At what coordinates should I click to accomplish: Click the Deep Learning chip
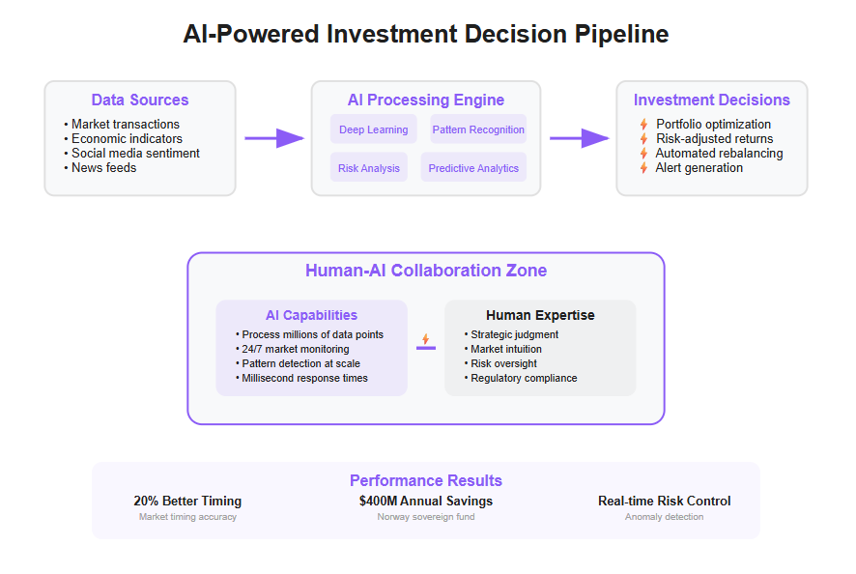click(373, 129)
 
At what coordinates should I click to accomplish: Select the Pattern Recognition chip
click(478, 129)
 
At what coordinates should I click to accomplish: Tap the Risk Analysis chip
click(368, 167)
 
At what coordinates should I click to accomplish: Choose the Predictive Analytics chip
click(473, 167)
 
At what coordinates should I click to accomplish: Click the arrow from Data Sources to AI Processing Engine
click(274, 138)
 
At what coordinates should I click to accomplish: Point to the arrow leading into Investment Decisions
click(580, 138)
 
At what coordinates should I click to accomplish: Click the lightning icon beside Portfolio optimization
click(644, 124)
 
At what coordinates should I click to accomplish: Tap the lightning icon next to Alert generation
click(644, 168)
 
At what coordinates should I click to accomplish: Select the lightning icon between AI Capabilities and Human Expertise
click(426, 339)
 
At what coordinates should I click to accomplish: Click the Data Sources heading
click(140, 100)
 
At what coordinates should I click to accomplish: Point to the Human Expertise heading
click(540, 315)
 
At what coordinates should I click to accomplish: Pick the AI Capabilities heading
click(311, 315)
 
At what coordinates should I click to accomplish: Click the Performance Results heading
click(426, 480)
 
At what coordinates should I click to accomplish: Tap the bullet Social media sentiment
click(131, 153)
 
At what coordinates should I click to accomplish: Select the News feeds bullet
click(100, 168)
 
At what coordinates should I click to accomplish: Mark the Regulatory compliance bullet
click(521, 378)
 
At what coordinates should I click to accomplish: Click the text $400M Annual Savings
click(426, 501)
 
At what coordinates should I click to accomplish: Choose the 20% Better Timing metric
click(187, 501)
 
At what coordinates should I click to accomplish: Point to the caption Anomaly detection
click(665, 517)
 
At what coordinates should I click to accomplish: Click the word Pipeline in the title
click(621, 34)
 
